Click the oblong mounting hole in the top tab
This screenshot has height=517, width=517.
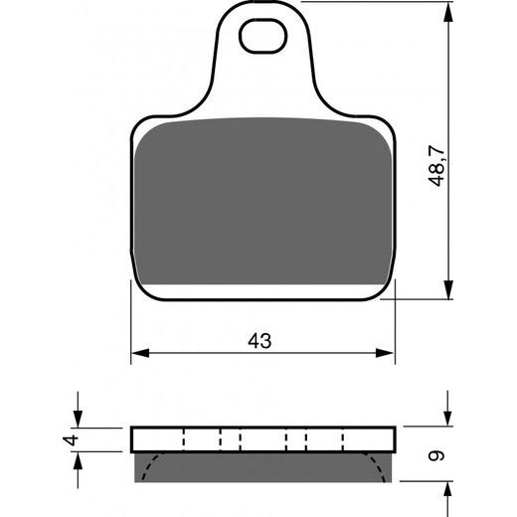point(263,41)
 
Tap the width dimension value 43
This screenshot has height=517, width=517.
point(259,340)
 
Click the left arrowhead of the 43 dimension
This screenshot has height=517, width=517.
point(140,352)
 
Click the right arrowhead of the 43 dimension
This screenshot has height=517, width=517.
point(388,352)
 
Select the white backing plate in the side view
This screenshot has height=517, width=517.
point(263,438)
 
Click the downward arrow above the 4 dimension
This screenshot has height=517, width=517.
point(76,419)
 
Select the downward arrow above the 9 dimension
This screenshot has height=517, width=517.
point(444,419)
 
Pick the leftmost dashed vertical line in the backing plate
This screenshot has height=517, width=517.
point(186,438)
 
